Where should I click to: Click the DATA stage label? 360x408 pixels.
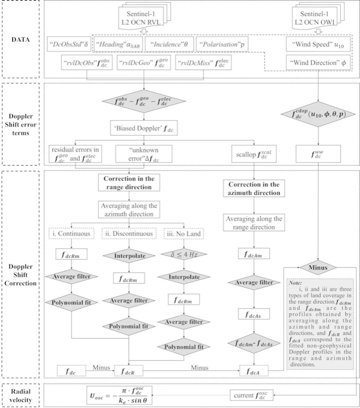click(21, 40)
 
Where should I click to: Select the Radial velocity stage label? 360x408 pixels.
click(21, 393)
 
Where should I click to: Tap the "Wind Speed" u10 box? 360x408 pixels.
click(316, 44)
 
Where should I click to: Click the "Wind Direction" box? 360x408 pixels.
click(316, 63)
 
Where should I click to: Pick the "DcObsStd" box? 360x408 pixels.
click(69, 44)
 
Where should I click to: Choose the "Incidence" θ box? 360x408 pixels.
click(169, 44)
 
